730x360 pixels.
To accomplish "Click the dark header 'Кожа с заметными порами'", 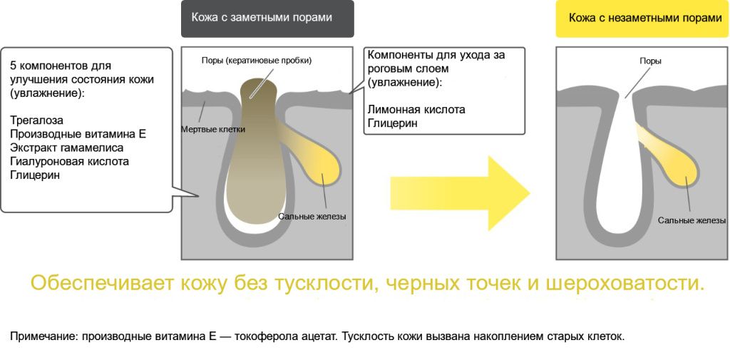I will pyautogui.click(x=267, y=18).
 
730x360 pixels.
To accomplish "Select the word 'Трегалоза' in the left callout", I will pyautogui.click(x=36, y=120).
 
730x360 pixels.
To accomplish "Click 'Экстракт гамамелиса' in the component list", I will pyautogui.click(x=66, y=148).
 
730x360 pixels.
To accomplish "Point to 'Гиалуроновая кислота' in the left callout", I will pyautogui.click(x=69, y=161).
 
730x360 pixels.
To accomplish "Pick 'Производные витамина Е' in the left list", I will pyautogui.click(x=78, y=134).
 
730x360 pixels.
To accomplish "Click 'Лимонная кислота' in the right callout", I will pyautogui.click(x=416, y=110).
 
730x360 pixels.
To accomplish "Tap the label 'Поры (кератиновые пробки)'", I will pyautogui.click(x=257, y=61).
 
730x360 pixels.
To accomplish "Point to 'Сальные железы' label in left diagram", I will pyautogui.click(x=312, y=217).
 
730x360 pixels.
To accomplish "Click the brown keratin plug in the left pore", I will pyautogui.click(x=257, y=164).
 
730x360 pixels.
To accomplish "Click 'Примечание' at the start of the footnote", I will pyautogui.click(x=36, y=336).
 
